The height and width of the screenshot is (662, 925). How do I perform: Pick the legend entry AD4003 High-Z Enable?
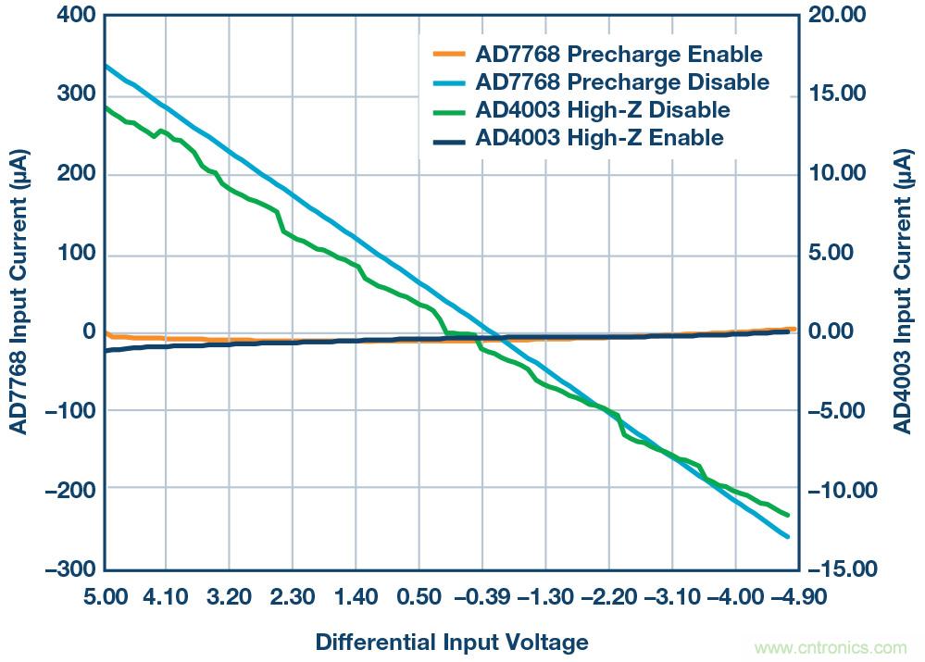click(x=598, y=139)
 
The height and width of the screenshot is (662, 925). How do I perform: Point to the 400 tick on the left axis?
click(x=75, y=15)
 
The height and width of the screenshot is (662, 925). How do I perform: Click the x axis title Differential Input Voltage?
click(x=452, y=642)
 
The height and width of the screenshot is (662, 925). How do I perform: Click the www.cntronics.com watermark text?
click(x=833, y=647)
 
